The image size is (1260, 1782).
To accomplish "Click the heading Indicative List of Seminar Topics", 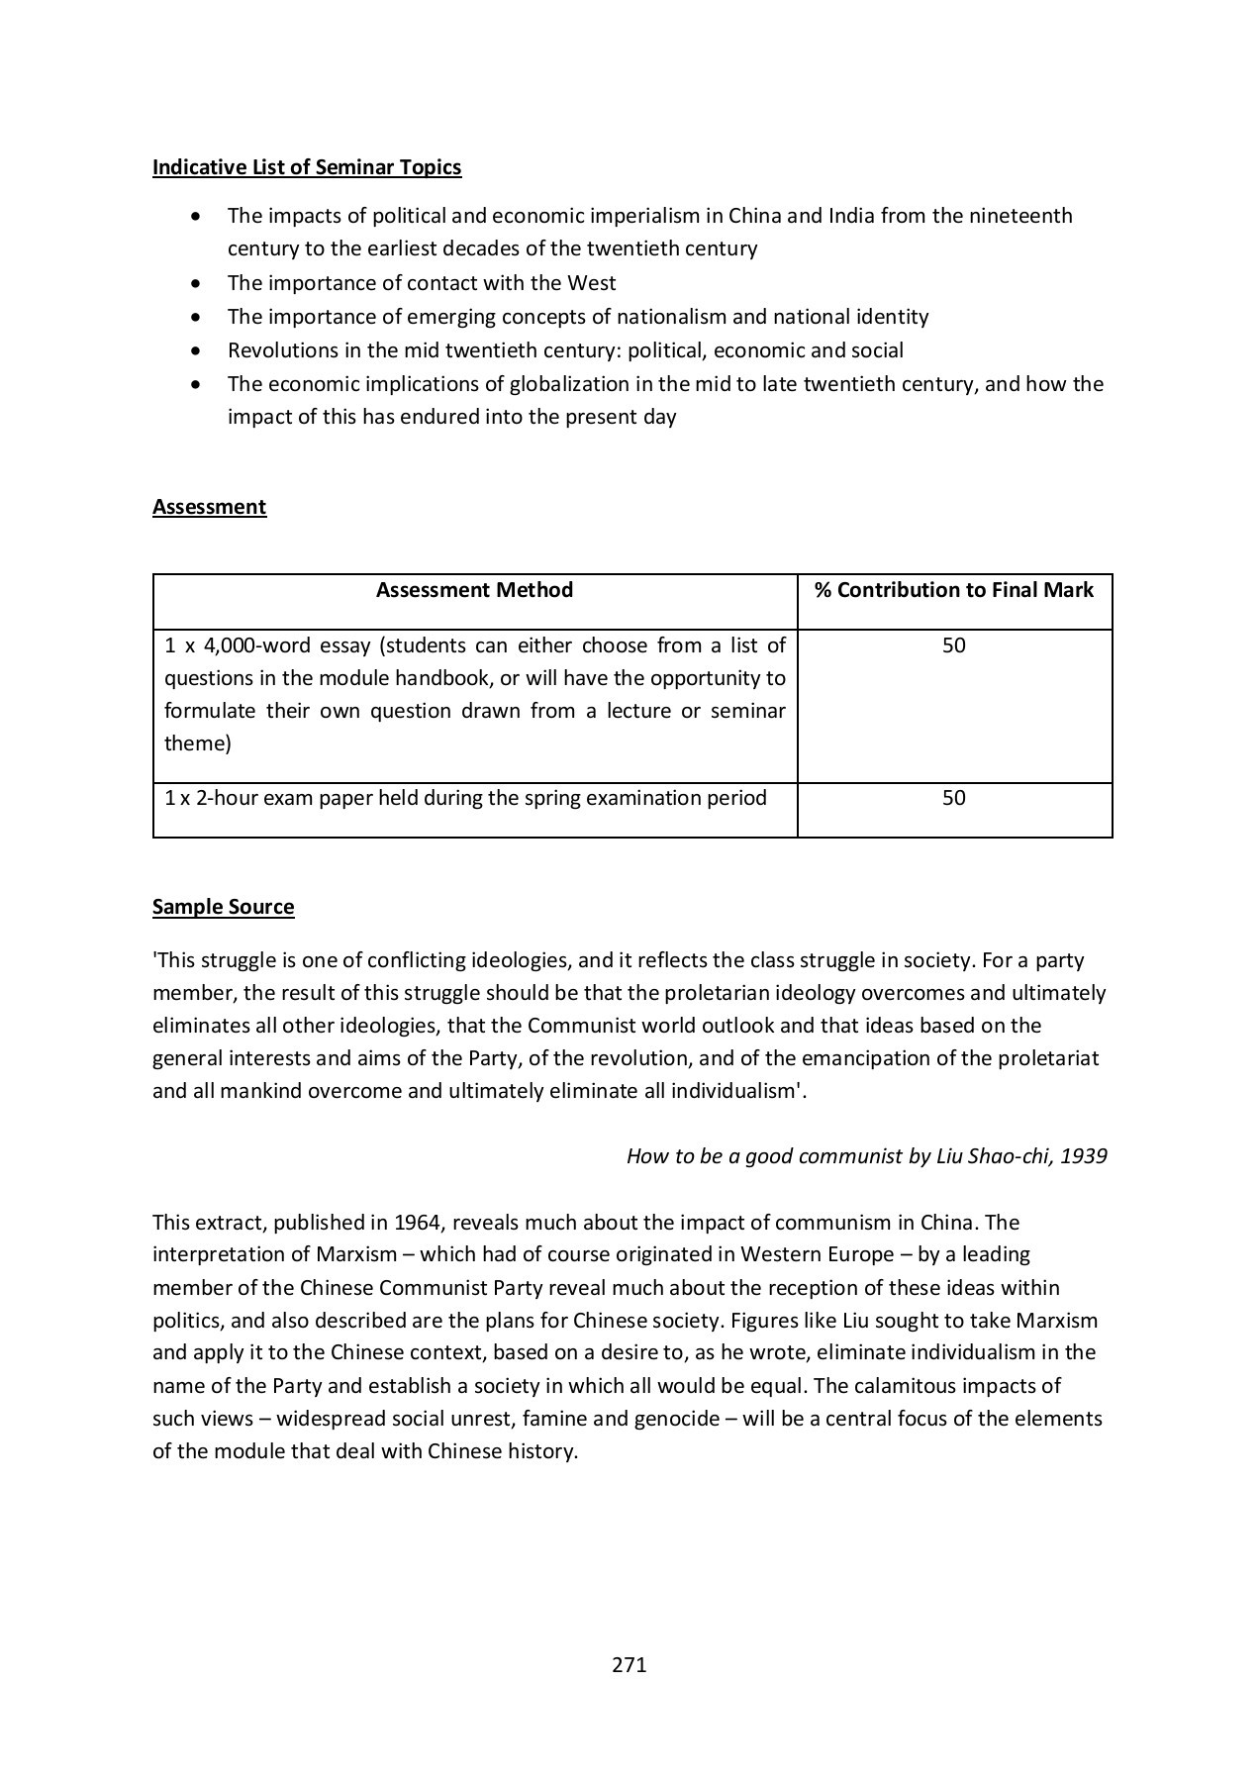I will pos(307,167).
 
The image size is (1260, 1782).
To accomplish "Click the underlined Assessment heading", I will pos(209,507).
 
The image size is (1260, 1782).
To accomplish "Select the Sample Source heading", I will pos(223,907).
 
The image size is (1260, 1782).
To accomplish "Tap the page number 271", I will pos(629,1664).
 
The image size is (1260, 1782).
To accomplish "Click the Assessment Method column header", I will pos(474,590).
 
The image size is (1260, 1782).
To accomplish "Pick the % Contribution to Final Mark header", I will pos(953,590).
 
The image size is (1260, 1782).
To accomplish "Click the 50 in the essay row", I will pos(953,645).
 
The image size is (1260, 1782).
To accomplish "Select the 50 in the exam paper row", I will pos(953,798).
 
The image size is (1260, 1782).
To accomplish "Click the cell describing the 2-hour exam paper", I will pos(465,798).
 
